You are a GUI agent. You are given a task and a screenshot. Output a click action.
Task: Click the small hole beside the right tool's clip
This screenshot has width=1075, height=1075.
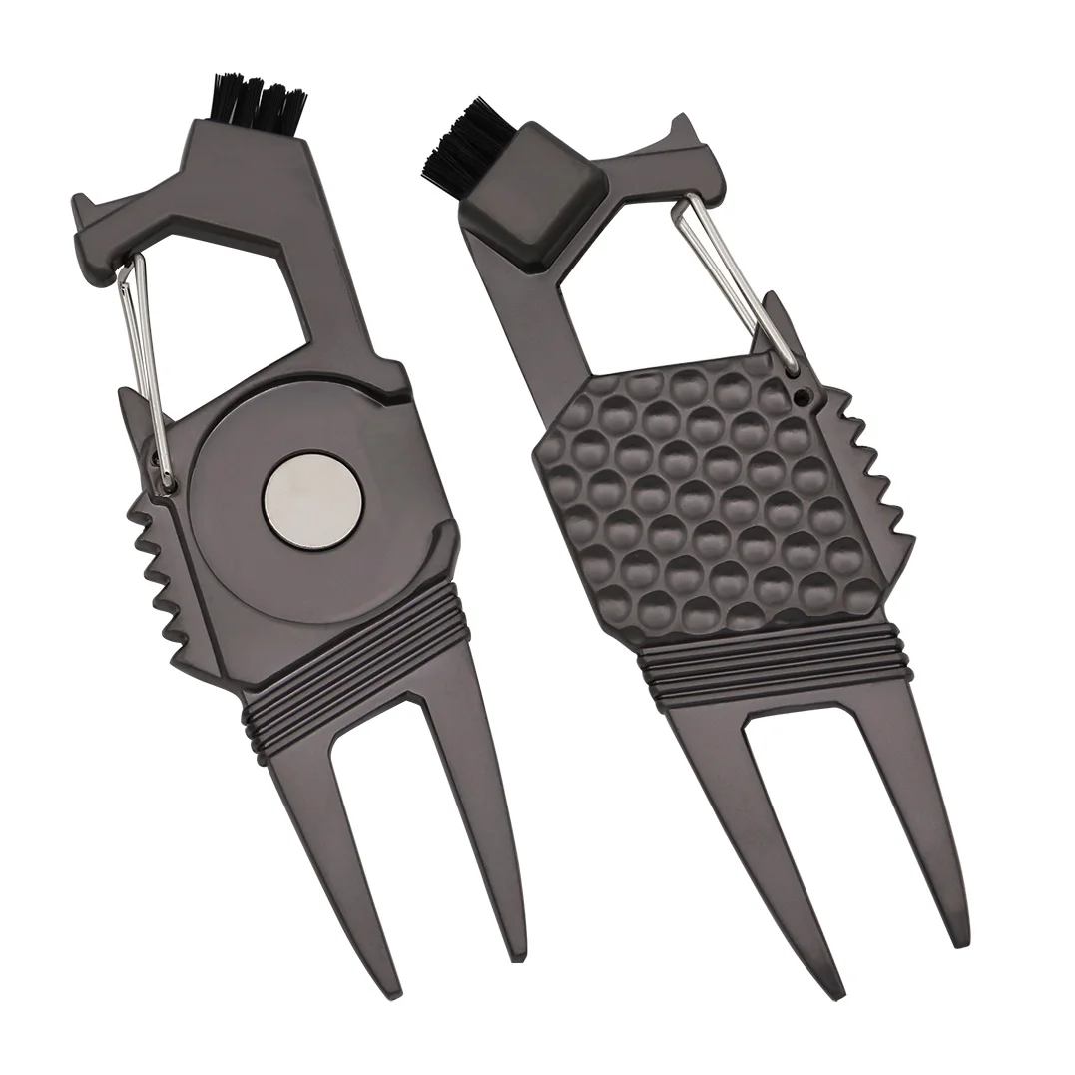pyautogui.click(x=800, y=395)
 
